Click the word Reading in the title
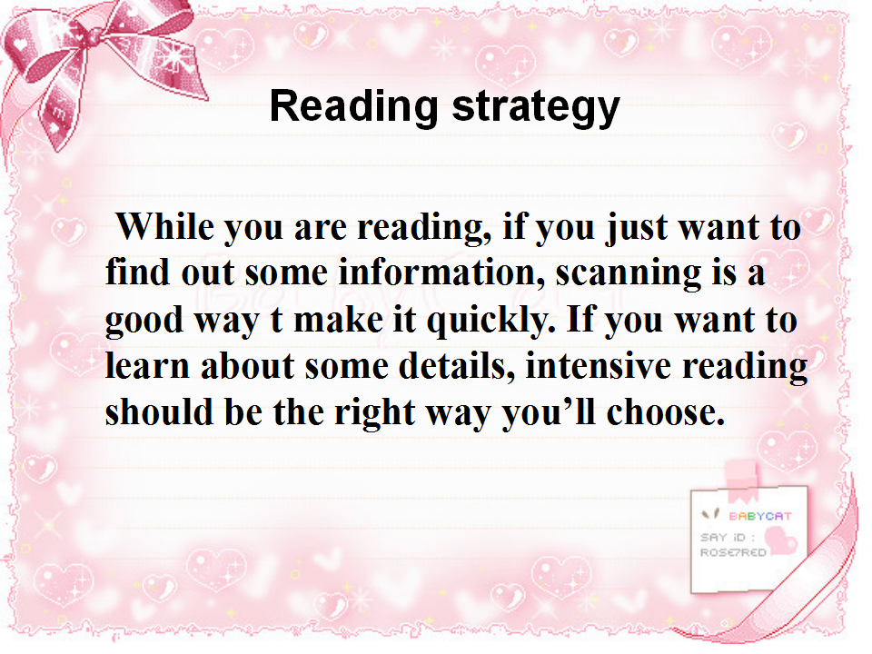(354, 105)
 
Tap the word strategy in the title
(536, 108)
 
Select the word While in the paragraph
(164, 226)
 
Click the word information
(441, 272)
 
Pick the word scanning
(629, 275)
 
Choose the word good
(144, 322)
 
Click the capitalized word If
(580, 319)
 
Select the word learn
(147, 366)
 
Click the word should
(159, 412)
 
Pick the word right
(374, 414)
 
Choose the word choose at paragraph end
(666, 412)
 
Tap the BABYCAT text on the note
(759, 516)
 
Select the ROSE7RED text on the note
(733, 552)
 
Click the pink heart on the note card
(781, 540)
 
